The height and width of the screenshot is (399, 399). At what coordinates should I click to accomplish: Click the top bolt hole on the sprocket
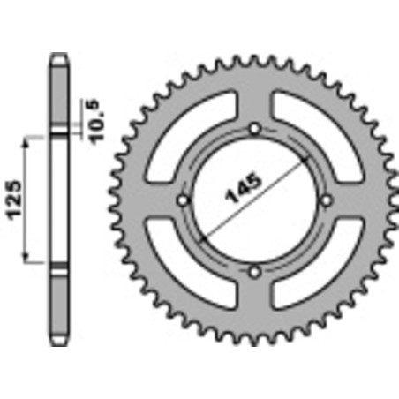tap(254, 130)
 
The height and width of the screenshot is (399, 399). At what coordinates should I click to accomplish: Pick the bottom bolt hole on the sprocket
tap(254, 270)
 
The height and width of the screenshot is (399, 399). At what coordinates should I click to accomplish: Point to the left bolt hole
tap(184, 200)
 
